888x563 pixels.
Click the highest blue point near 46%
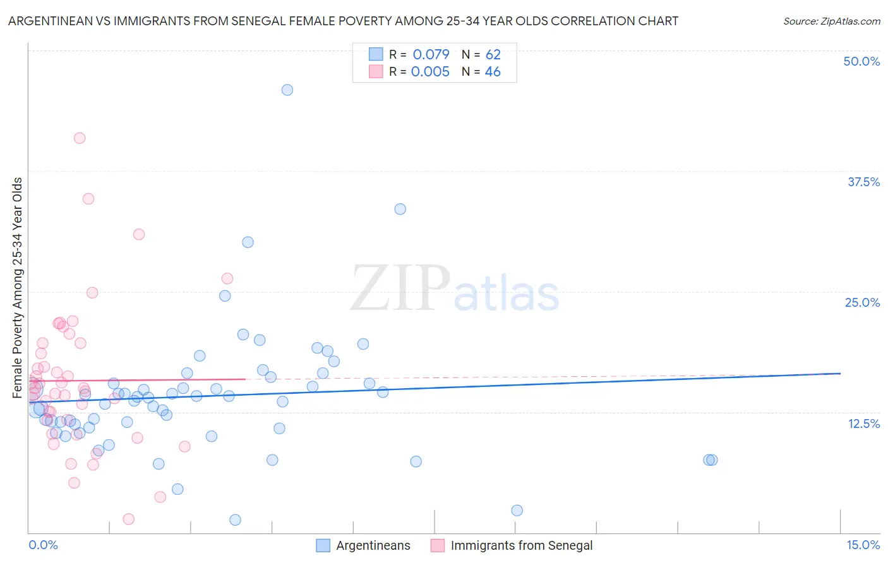coord(287,90)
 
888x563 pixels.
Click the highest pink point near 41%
coord(80,138)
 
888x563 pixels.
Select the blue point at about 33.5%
coord(400,209)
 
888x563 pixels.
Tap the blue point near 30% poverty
coord(248,242)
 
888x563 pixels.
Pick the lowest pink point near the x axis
coord(129,519)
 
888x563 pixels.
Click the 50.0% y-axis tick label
coord(861,62)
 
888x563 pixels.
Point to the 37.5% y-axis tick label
coord(863,182)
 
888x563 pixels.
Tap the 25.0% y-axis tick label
coord(862,303)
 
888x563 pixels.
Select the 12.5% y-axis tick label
coord(863,424)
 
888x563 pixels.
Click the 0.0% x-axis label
coord(43,545)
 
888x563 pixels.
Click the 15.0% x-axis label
coord(863,545)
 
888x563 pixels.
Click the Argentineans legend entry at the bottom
coord(373,546)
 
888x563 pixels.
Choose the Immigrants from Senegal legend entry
coord(521,546)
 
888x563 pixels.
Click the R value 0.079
coord(431,55)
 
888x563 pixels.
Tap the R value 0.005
coord(430,72)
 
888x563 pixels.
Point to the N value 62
coord(493,55)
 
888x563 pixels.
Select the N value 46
coord(493,72)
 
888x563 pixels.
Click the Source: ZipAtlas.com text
coord(831,21)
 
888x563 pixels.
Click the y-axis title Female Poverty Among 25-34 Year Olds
coord(18,288)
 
